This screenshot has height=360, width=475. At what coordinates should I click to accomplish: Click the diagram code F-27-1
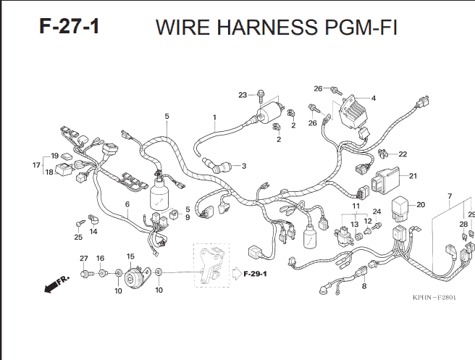(x=70, y=26)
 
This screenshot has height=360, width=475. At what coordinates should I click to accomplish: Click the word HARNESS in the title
(x=267, y=28)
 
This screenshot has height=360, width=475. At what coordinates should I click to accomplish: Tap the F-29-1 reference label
(x=255, y=274)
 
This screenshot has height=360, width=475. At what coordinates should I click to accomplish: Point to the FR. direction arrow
(x=56, y=284)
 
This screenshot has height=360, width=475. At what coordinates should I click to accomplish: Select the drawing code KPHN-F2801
(x=434, y=297)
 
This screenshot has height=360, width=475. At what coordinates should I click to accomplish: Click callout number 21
(x=413, y=176)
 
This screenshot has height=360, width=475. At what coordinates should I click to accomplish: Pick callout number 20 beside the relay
(x=421, y=205)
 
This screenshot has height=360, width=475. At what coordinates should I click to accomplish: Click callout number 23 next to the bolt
(x=243, y=95)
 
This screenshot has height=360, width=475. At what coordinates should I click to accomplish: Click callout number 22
(x=403, y=154)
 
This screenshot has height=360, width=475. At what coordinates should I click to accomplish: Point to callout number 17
(x=36, y=165)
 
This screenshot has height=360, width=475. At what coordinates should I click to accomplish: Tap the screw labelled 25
(x=80, y=223)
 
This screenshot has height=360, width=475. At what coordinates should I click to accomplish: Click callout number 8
(x=364, y=286)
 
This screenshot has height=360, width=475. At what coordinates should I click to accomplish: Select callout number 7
(x=450, y=196)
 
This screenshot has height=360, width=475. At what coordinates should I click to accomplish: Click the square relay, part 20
(x=400, y=209)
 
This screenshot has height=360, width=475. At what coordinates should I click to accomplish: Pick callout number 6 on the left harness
(x=127, y=204)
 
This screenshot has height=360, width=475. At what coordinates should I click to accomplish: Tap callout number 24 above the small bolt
(x=377, y=212)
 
